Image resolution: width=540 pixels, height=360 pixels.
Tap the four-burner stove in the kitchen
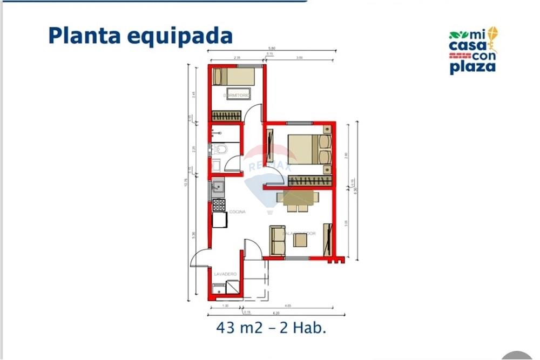[219, 205]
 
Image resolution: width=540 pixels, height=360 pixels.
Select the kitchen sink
[218, 187]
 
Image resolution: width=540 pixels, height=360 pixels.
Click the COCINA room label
[237, 212]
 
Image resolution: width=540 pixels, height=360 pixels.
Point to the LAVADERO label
[225, 274]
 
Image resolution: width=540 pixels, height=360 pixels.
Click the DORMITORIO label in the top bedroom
[237, 96]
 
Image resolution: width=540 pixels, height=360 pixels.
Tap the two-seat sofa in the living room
[277, 240]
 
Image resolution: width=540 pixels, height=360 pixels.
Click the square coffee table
[301, 241]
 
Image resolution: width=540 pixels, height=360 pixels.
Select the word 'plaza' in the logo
[472, 67]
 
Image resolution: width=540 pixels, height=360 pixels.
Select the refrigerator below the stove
[219, 220]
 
